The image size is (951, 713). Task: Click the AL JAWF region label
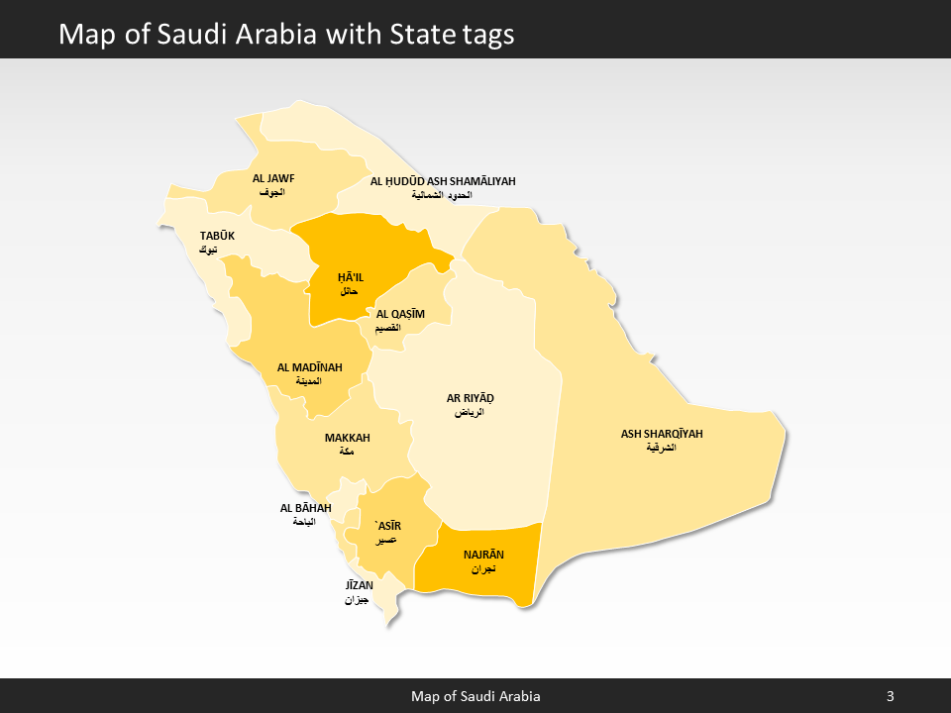273,179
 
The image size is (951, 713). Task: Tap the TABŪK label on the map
217,236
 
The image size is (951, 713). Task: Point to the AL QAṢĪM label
400,314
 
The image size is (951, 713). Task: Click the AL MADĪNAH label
309,367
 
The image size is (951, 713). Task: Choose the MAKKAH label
347,438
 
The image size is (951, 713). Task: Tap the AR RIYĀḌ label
470,398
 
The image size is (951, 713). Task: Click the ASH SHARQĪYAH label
668,434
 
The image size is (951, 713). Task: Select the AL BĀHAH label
305,508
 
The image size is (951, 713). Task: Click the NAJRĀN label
483,556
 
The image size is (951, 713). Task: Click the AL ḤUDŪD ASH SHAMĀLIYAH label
443,181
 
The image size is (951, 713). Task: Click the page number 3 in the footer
890,696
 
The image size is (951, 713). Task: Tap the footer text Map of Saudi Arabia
475,696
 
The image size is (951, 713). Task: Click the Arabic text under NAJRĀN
483,570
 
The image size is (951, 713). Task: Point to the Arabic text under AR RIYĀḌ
470,412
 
